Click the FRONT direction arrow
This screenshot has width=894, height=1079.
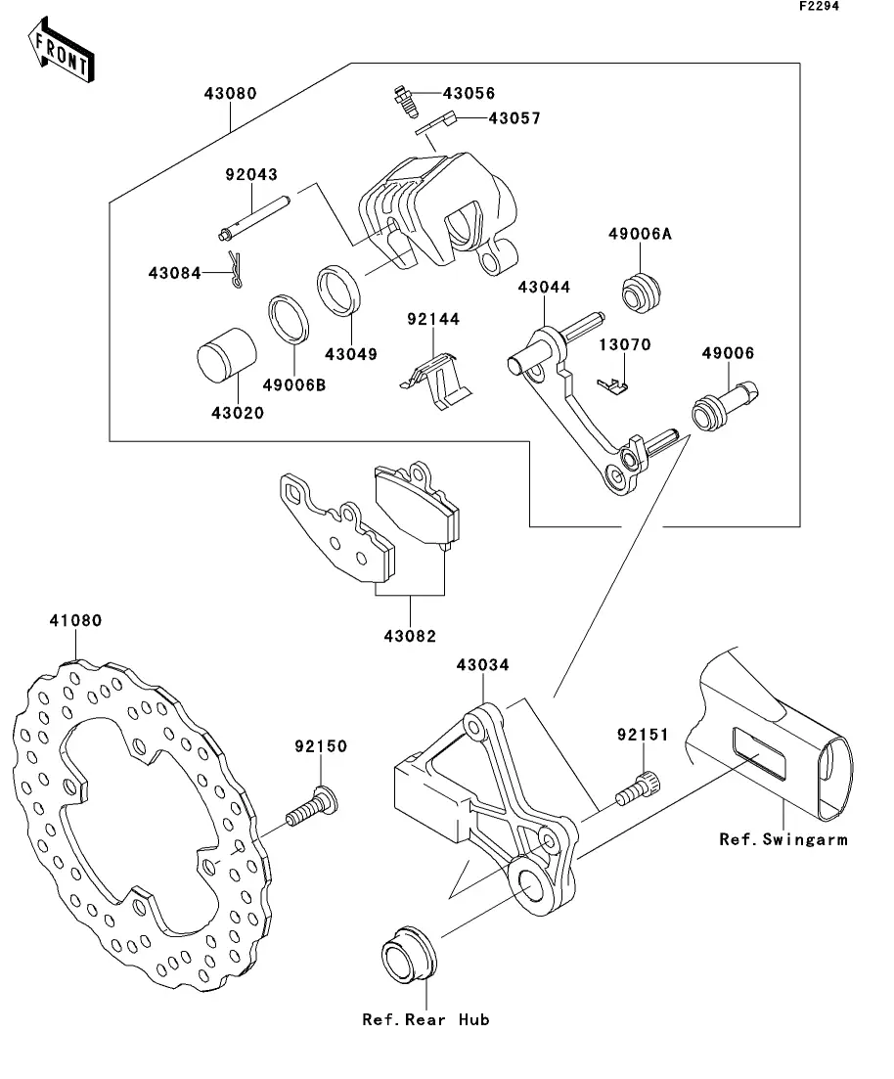pyautogui.click(x=61, y=52)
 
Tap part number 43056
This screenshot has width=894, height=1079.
pyautogui.click(x=469, y=94)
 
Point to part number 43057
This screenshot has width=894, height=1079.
pyautogui.click(x=487, y=118)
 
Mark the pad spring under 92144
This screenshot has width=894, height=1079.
pyautogui.click(x=435, y=378)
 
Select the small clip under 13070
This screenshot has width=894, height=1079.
pyautogui.click(x=612, y=388)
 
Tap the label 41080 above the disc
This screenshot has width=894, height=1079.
pyautogui.click(x=76, y=620)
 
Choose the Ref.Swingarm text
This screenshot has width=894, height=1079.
pyautogui.click(x=782, y=838)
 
